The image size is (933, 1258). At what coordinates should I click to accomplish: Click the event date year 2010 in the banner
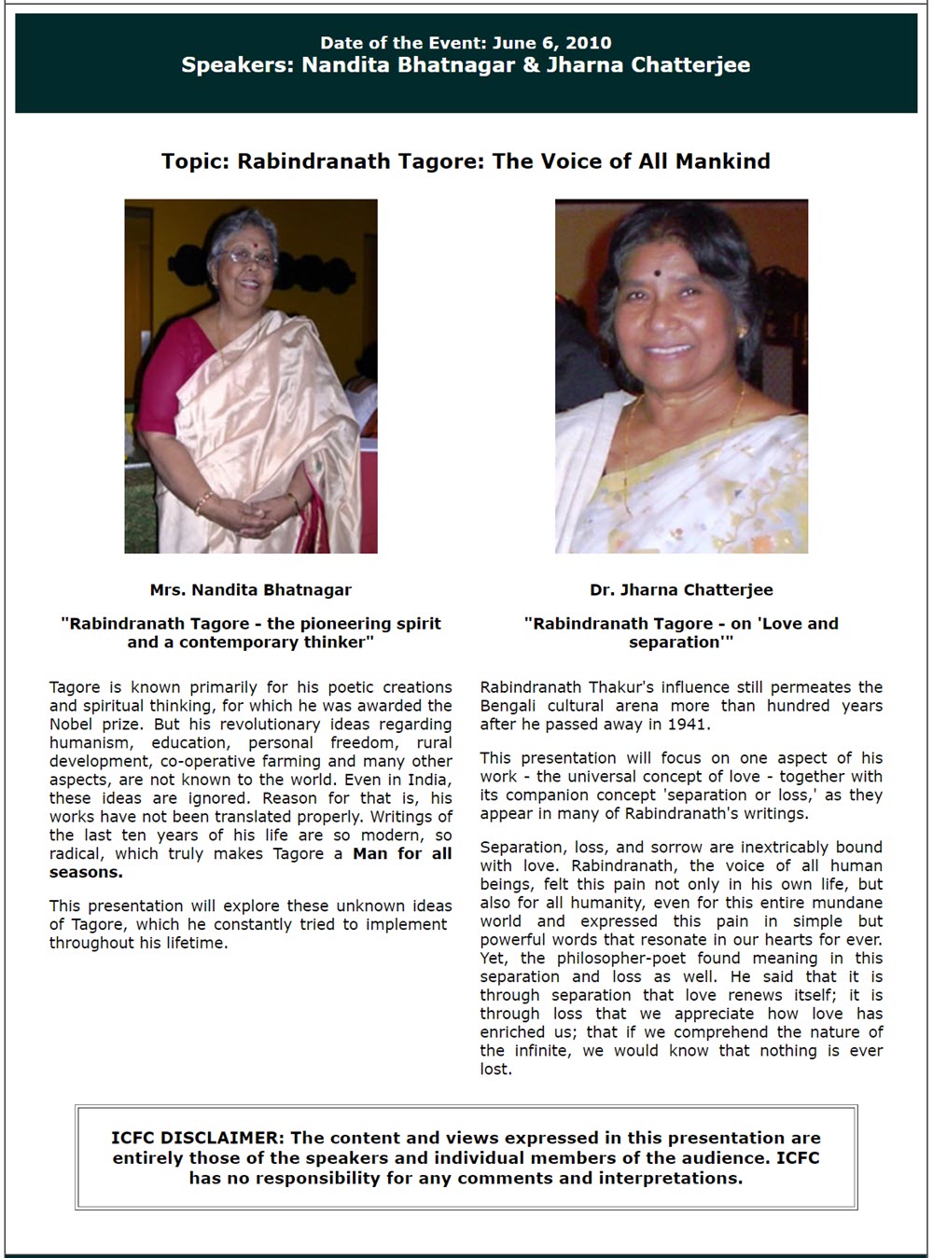pyautogui.click(x=592, y=43)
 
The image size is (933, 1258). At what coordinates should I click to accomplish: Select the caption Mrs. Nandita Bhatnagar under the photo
pyautogui.click(x=250, y=589)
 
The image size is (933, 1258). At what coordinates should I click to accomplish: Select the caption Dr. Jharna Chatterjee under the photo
pyautogui.click(x=681, y=589)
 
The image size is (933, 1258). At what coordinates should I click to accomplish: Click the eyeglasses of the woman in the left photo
pyautogui.click(x=244, y=256)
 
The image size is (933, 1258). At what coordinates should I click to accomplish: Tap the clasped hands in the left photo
pyautogui.click(x=251, y=512)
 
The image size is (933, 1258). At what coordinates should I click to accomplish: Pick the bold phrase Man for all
pyautogui.click(x=402, y=853)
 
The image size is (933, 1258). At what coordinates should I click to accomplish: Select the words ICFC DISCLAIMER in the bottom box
pyautogui.click(x=195, y=1138)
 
